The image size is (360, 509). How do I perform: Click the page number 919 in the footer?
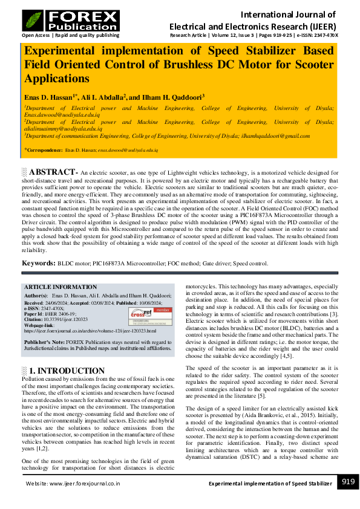[347, 482]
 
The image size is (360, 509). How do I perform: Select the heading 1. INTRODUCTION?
[67, 371]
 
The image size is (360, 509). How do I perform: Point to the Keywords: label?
[39, 264]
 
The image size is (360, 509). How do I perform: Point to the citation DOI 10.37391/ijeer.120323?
[65, 319]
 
